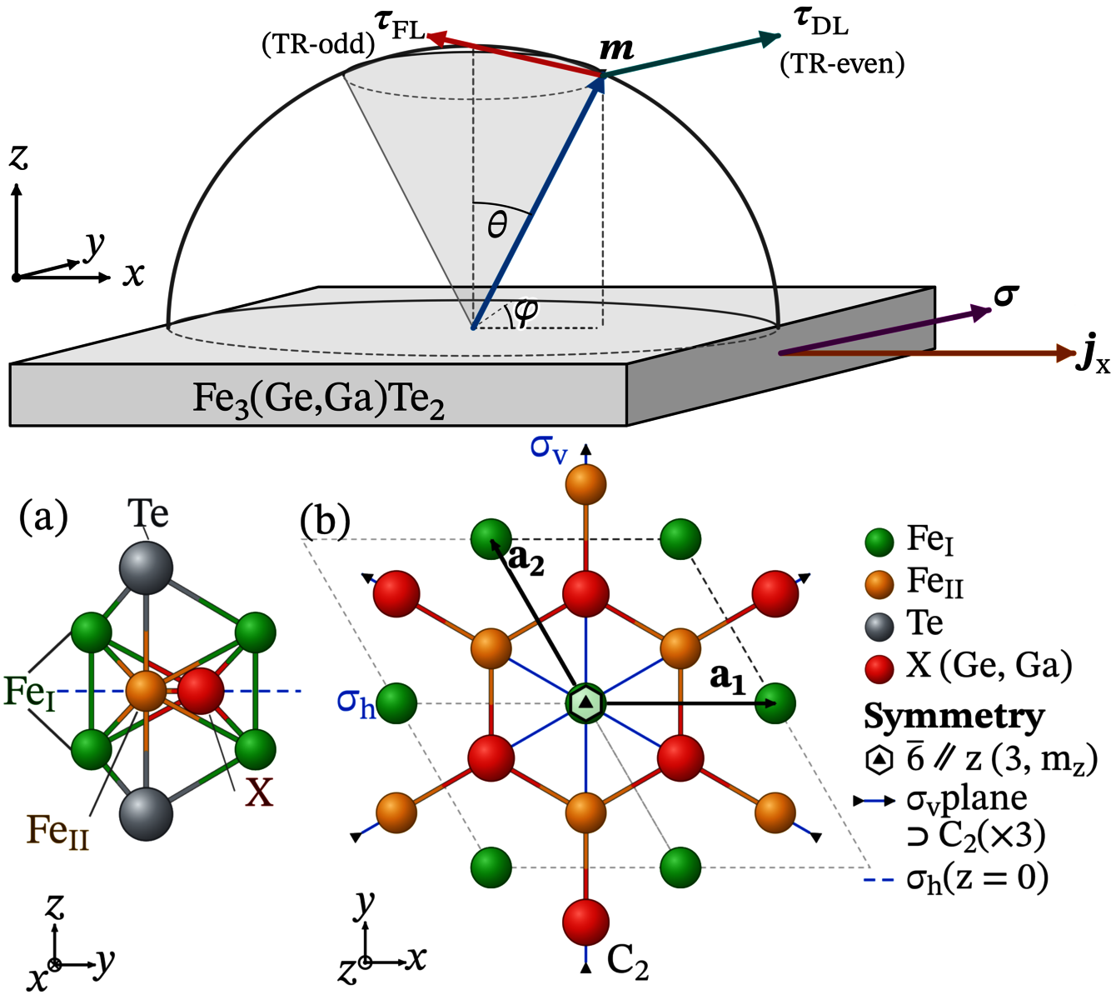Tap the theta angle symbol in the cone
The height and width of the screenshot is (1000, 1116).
click(497, 225)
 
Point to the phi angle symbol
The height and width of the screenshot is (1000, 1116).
click(526, 312)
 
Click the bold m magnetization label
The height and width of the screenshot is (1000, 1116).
click(616, 49)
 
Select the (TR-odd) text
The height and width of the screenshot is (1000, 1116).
click(318, 44)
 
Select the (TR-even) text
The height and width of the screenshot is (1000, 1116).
click(842, 64)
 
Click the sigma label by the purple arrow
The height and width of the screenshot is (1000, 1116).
click(1006, 296)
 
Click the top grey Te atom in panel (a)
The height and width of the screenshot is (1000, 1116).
click(146, 567)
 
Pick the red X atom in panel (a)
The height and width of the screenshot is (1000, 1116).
click(201, 691)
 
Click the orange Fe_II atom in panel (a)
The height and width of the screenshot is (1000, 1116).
click(146, 691)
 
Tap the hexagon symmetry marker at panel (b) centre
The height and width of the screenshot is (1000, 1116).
click(586, 702)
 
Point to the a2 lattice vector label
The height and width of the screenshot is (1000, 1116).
click(526, 560)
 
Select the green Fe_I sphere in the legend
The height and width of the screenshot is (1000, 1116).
click(879, 542)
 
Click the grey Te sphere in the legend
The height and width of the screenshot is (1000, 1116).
click(879, 627)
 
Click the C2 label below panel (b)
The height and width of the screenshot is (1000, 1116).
click(627, 962)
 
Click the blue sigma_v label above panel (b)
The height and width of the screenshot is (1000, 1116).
click(549, 448)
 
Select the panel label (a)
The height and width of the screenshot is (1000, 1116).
click(43, 517)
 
